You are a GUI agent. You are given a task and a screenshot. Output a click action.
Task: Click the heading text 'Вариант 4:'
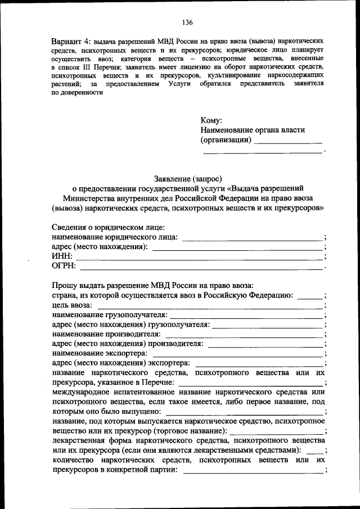coord(71,42)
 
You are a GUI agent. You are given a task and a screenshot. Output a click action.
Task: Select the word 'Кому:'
coord(211,120)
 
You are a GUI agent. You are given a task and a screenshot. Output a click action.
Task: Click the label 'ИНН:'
coord(62,256)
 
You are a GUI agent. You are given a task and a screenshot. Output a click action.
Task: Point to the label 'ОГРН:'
coord(64,266)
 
